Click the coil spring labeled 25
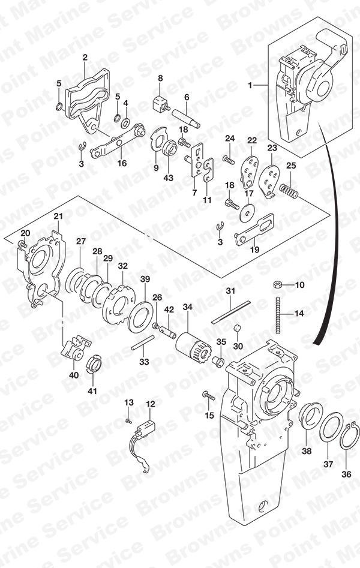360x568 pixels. point(289,191)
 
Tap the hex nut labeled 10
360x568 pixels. point(278,285)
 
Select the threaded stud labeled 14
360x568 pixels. point(278,315)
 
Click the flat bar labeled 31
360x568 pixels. point(231,312)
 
